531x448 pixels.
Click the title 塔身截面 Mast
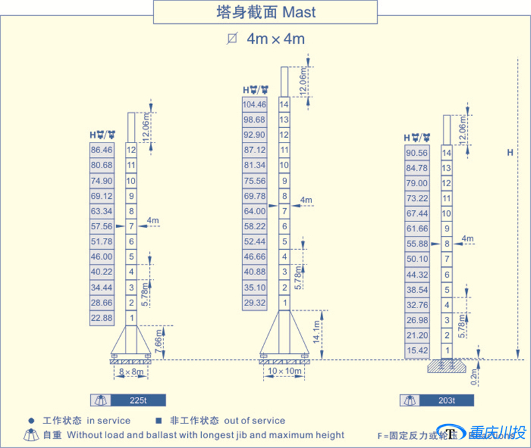pos(265,12)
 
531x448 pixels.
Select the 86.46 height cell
pos(102,150)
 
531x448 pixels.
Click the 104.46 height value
pos(255,105)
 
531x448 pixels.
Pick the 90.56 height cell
pos(417,152)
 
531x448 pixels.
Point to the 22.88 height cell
pos(102,318)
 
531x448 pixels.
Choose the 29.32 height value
pos(255,303)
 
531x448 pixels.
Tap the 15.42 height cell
pos(417,351)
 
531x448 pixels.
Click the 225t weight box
pos(137,400)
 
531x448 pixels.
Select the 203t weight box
pos(446,400)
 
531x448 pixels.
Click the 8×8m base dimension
pos(130,373)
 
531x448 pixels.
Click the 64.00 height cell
pos(255,211)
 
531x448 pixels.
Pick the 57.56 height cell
pos(102,226)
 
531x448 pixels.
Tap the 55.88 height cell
pos(417,244)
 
